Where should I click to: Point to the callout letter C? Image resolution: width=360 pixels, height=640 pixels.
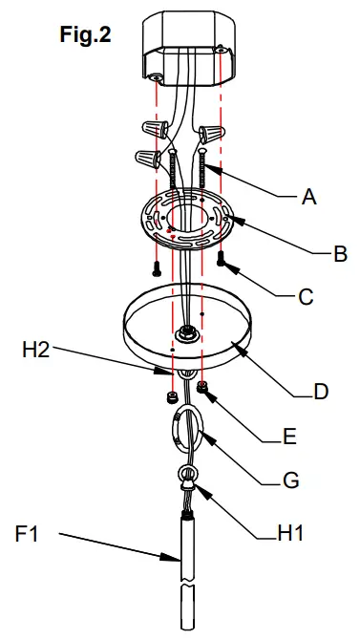(x=306, y=297)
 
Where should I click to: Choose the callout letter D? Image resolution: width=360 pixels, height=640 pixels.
(x=321, y=392)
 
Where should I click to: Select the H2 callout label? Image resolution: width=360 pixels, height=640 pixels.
(x=36, y=351)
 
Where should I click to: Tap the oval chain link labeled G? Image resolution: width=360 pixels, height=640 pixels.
(x=187, y=426)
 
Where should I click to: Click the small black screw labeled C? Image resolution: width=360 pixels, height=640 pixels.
(x=222, y=257)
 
